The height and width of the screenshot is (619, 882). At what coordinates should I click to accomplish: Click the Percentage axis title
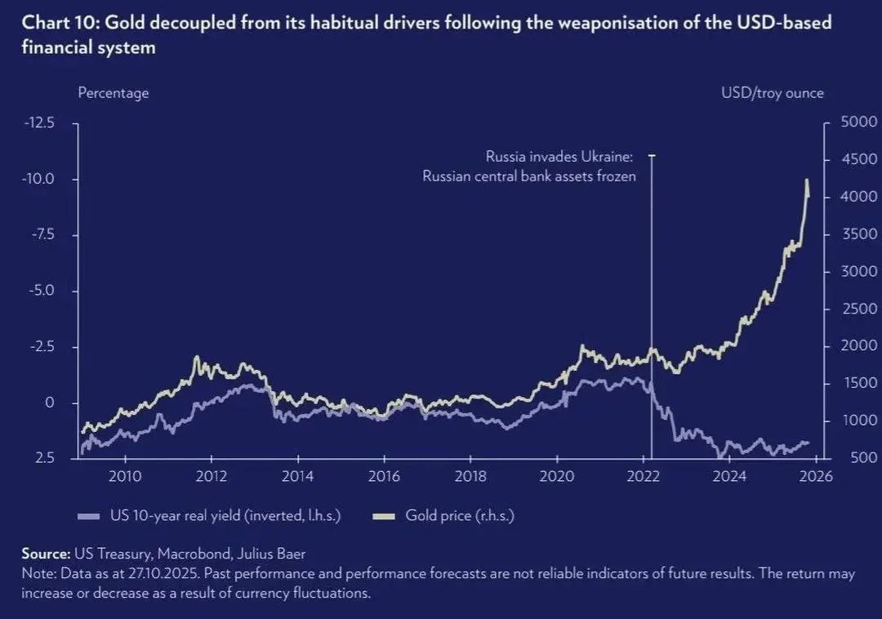point(113,93)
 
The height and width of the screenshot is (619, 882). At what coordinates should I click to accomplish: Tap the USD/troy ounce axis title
point(772,93)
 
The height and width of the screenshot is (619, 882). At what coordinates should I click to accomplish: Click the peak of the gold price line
point(807,180)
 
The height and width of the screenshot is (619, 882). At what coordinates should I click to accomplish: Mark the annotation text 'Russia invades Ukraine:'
point(560,156)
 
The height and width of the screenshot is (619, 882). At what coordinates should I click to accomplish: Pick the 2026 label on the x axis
point(816,477)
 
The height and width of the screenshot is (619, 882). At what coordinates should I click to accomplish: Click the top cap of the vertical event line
point(651,155)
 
